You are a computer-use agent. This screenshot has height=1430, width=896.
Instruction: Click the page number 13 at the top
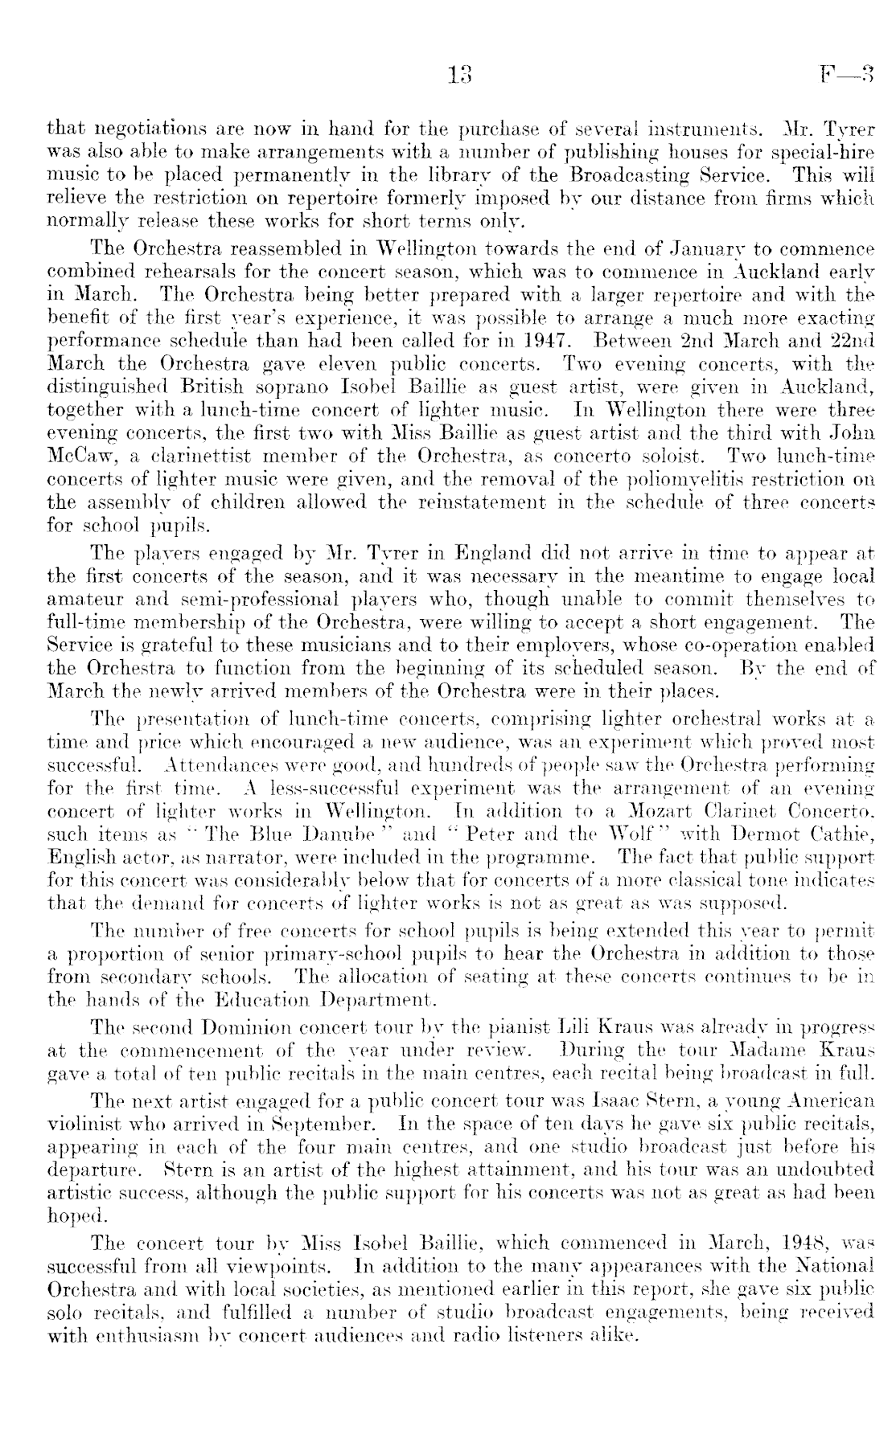click(459, 76)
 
